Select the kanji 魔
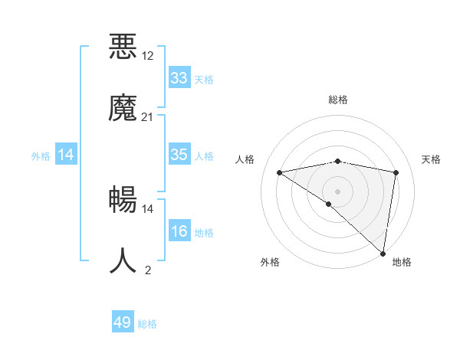(123, 107)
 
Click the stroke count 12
(148, 56)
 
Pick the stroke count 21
(148, 116)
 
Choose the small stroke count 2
(148, 270)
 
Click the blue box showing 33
(179, 78)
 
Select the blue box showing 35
(179, 155)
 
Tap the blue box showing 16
(179, 231)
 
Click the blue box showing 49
(123, 322)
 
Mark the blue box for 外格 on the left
(66, 155)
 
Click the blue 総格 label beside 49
(147, 324)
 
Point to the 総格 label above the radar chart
(338, 100)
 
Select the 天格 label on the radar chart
(431, 159)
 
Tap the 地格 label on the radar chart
(402, 262)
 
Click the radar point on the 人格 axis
(280, 172)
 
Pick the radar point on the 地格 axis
(383, 253)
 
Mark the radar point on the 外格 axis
(329, 204)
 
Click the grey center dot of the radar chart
(338, 191)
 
